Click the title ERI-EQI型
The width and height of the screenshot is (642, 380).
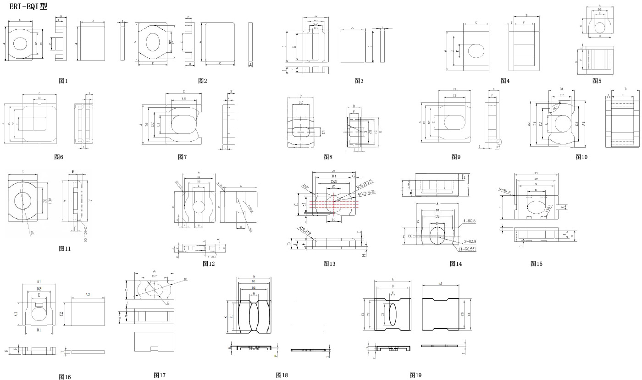[28, 6]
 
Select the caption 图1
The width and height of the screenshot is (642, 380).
[63, 81]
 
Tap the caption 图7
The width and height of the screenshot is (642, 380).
[183, 157]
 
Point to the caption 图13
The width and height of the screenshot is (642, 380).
[329, 264]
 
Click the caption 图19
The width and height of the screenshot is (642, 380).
[415, 375]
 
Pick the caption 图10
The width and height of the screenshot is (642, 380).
[581, 157]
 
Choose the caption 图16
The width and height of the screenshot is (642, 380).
[65, 377]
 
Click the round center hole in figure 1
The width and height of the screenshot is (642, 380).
[20, 44]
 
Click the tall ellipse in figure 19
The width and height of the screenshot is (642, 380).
[393, 314]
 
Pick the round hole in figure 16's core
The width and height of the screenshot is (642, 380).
[39, 314]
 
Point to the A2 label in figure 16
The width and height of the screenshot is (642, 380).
[88, 295]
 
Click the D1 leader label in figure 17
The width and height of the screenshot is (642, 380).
[185, 279]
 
